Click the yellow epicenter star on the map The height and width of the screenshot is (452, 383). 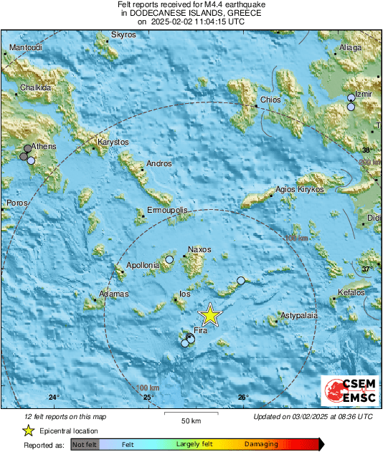pos(210,315)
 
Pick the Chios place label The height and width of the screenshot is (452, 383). pos(270,100)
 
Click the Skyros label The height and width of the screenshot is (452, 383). pos(123,34)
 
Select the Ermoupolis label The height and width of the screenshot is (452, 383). pos(167,211)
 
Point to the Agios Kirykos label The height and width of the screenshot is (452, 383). pos(301,190)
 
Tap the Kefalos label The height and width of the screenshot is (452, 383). pos(351,292)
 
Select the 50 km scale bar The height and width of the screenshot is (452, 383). pos(189,414)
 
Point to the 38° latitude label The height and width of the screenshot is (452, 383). pos(367,150)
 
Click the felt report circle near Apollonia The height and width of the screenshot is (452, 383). pos(169,259)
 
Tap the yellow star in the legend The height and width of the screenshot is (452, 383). pos(28,431)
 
